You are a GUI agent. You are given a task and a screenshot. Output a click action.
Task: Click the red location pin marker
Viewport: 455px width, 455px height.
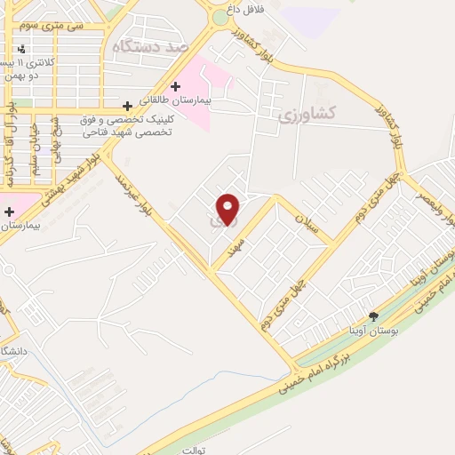click(x=228, y=208)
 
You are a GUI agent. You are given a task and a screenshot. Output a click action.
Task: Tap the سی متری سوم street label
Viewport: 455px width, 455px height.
click(x=56, y=26)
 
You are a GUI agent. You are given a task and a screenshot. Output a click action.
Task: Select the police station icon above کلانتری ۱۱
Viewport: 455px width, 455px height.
click(x=20, y=48)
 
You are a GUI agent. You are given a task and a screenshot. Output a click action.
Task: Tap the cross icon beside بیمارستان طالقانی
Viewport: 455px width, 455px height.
click(x=176, y=86)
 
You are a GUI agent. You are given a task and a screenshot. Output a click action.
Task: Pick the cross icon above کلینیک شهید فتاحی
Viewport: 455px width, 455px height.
click(x=127, y=106)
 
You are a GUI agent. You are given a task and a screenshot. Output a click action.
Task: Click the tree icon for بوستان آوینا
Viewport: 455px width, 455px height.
click(x=373, y=316)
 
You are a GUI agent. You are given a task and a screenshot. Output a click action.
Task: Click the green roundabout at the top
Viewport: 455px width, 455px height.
click(x=220, y=16)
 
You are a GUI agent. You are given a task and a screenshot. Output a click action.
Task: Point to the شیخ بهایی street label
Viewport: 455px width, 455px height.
click(x=55, y=138)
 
